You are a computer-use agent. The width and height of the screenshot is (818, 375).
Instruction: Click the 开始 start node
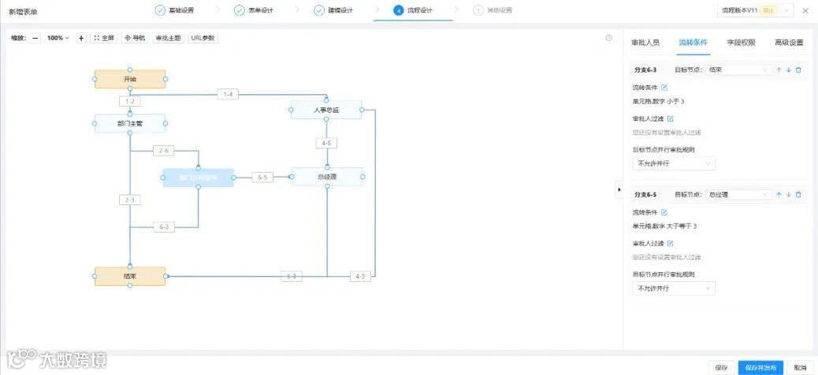pyautogui.click(x=130, y=79)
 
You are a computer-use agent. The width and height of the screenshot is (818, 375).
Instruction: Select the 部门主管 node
pyautogui.click(x=130, y=123)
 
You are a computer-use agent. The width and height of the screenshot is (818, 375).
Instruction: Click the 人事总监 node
pyautogui.click(x=325, y=110)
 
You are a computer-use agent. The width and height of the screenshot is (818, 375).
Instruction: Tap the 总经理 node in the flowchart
pyautogui.click(x=327, y=177)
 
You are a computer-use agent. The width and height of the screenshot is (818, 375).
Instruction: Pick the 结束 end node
pyautogui.click(x=130, y=276)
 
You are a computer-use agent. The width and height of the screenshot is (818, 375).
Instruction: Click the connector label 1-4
pyautogui.click(x=229, y=95)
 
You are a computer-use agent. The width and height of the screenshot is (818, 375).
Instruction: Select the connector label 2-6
pyautogui.click(x=164, y=151)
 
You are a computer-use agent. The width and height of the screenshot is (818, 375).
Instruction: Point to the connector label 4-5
pyautogui.click(x=327, y=143)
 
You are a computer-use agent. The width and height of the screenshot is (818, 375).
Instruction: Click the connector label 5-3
pyautogui.click(x=292, y=276)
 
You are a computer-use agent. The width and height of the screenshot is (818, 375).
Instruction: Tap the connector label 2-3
pyautogui.click(x=130, y=200)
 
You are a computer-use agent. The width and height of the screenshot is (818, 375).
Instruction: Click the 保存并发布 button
pyautogui.click(x=760, y=367)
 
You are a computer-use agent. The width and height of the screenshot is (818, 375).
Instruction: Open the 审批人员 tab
pyautogui.click(x=645, y=43)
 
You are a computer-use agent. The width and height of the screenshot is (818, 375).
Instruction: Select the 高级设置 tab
pyautogui.click(x=788, y=43)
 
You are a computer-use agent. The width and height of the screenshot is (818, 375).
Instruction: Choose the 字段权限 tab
pyautogui.click(x=741, y=43)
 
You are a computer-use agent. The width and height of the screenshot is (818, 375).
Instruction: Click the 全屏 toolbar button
pyautogui.click(x=104, y=38)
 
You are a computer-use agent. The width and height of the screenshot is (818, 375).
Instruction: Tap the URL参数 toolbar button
pyautogui.click(x=203, y=38)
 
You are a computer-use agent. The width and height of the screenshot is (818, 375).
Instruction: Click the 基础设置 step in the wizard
pyautogui.click(x=175, y=11)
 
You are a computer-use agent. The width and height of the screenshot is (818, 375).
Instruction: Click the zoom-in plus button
pyautogui.click(x=81, y=38)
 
